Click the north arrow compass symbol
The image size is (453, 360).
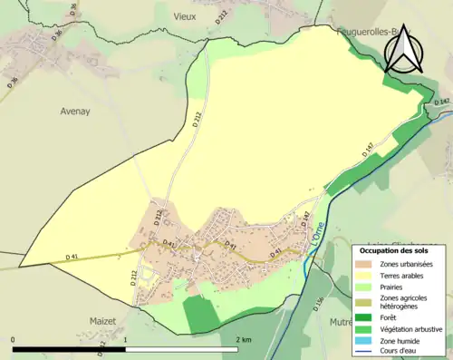404,47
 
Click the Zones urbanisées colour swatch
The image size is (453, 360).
366,264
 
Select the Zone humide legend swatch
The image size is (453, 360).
366,341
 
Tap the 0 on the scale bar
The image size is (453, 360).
14,339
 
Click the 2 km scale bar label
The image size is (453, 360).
243,339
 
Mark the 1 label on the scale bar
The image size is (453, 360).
126,339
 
